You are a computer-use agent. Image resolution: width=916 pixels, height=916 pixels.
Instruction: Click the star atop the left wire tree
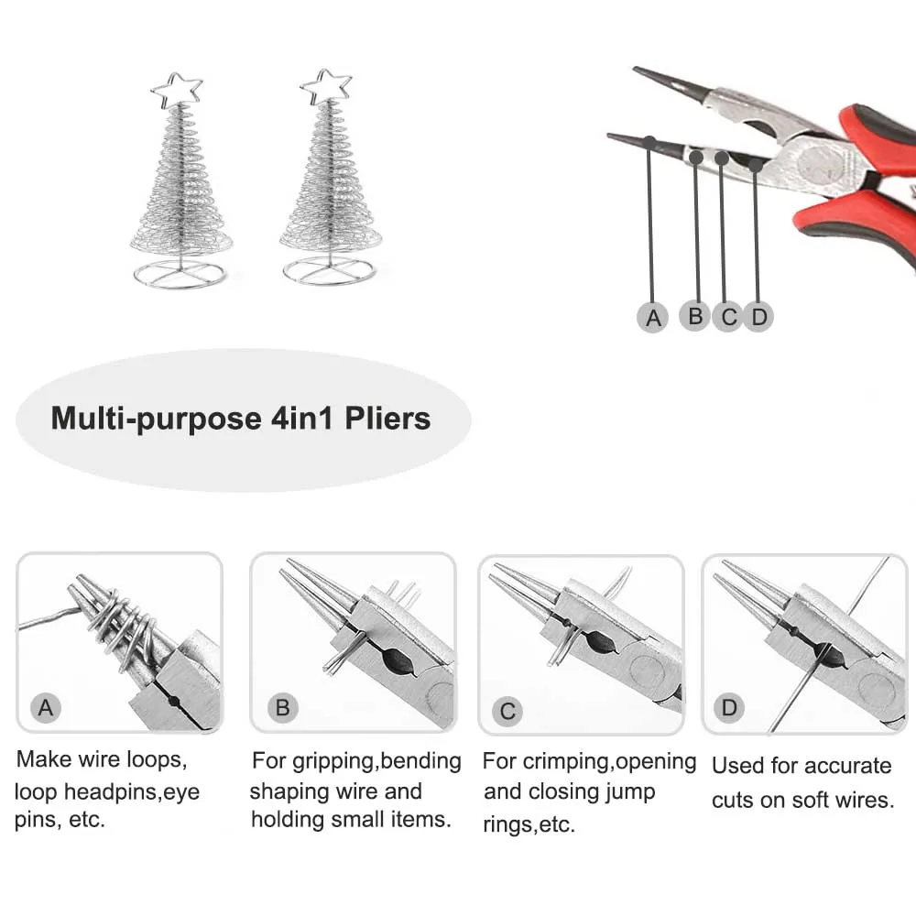(177, 89)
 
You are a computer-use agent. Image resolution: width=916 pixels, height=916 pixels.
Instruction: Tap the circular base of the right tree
(328, 271)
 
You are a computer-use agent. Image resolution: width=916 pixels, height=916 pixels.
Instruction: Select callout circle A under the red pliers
(652, 317)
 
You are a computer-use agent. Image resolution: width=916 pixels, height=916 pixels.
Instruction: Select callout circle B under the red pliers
(695, 316)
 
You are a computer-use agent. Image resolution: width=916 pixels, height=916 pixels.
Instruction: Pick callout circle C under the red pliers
(728, 317)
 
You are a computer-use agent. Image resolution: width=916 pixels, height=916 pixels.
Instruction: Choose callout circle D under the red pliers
(758, 317)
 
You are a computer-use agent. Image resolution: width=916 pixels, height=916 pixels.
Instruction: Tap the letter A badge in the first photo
(46, 707)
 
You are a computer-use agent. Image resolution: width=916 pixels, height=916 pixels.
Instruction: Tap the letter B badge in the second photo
(282, 707)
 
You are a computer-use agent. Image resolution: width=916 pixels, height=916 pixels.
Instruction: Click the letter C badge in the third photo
(508, 710)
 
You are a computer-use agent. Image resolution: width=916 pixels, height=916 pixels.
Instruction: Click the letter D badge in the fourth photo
(729, 707)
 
